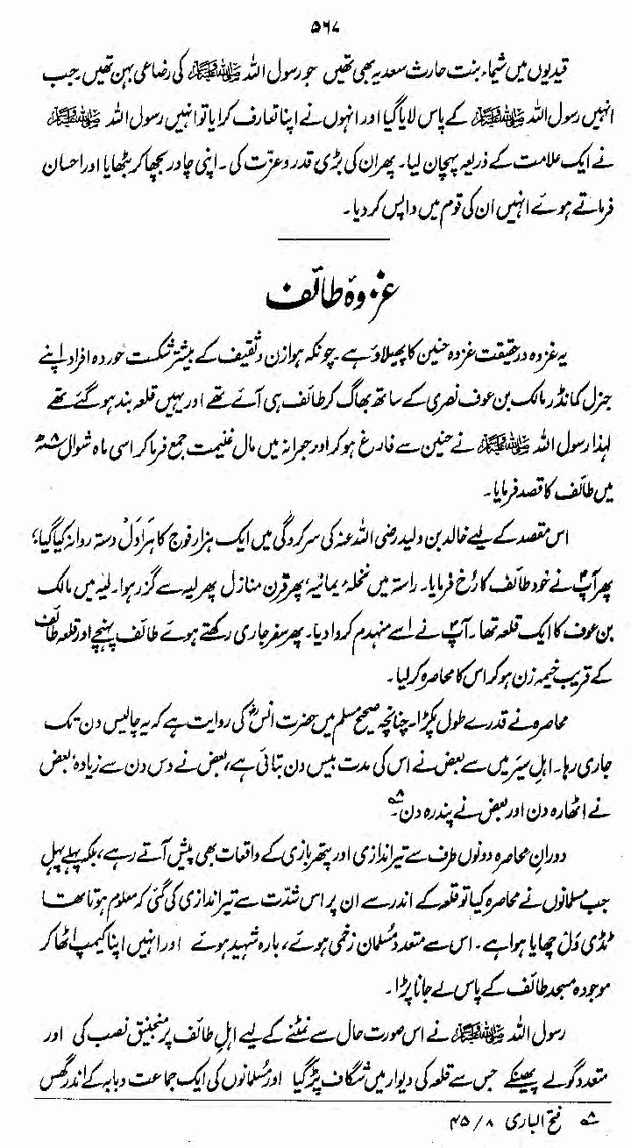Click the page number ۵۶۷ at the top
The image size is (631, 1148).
point(315,19)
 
